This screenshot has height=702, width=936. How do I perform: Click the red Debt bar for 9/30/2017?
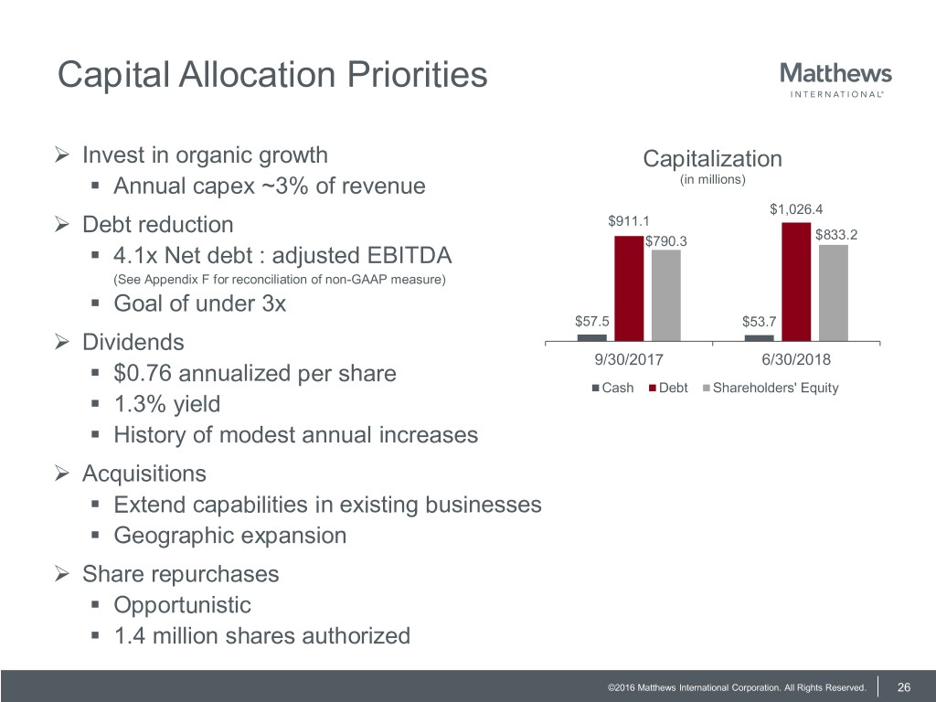628,288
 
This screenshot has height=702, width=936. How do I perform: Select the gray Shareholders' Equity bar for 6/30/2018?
834,292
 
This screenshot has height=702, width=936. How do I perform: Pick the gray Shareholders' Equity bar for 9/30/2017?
666,295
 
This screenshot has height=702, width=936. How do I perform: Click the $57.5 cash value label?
592,321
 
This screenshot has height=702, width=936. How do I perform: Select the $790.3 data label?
666,241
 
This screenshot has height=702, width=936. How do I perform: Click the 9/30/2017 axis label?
628,359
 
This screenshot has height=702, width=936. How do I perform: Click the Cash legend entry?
613,388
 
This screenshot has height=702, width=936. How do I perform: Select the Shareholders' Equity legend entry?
770,388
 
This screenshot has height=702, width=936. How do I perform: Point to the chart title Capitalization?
712,159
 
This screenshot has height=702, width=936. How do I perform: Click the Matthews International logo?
835,79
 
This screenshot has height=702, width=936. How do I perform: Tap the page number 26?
905,686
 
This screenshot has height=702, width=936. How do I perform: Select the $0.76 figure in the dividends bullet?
141,374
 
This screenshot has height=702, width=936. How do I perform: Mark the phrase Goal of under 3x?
199,303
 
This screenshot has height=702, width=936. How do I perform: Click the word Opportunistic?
182,604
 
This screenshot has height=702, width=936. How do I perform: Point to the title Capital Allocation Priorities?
272,75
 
